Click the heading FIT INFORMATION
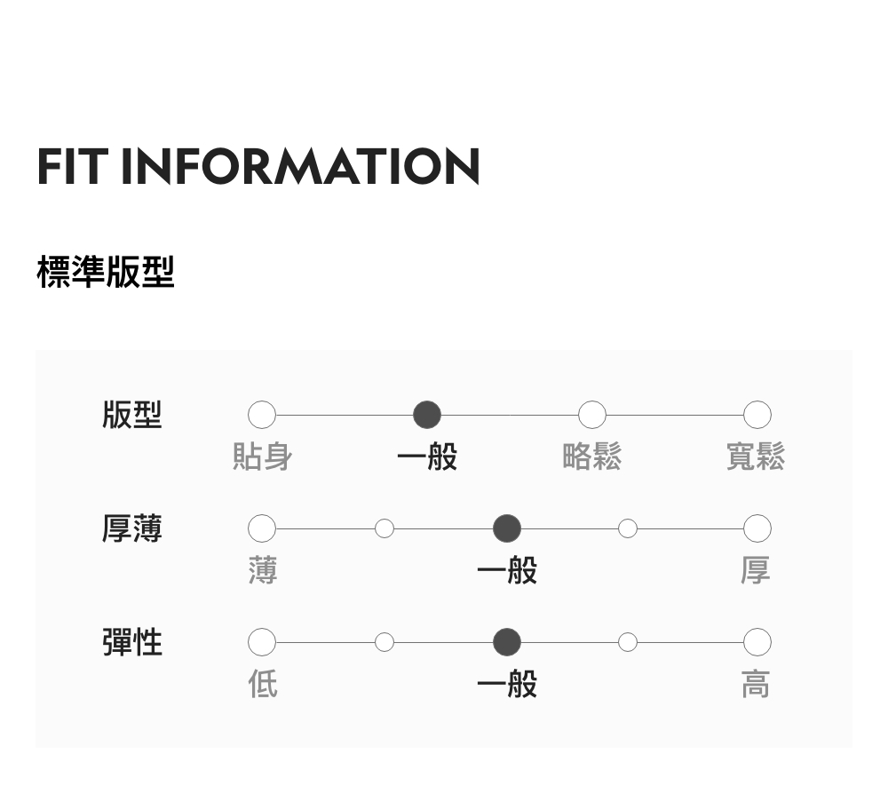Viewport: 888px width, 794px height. tap(258, 166)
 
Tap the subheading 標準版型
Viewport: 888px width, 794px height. tap(106, 272)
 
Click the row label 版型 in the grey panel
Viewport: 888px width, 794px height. tap(132, 415)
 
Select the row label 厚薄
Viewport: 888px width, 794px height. tap(132, 528)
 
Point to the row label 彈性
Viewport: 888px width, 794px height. tap(132, 641)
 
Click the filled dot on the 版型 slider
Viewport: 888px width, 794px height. tap(427, 415)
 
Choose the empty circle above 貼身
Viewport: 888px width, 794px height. tap(262, 415)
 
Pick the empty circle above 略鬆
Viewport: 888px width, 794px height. tap(592, 415)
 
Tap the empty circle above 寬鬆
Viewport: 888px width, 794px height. tap(757, 415)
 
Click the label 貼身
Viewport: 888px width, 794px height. tap(262, 457)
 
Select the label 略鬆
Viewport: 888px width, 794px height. tap(592, 457)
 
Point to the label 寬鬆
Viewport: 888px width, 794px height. tap(756, 457)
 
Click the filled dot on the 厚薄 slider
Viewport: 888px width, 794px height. tap(507, 528)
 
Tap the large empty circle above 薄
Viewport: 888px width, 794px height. tap(262, 528)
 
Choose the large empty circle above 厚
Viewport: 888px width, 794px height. tap(757, 528)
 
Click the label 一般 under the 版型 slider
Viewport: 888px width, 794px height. tap(427, 457)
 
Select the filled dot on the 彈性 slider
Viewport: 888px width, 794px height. tap(507, 641)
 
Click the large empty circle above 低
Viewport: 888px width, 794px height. tap(262, 641)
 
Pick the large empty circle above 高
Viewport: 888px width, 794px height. tap(757, 641)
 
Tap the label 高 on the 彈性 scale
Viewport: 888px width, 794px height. tap(756, 685)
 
